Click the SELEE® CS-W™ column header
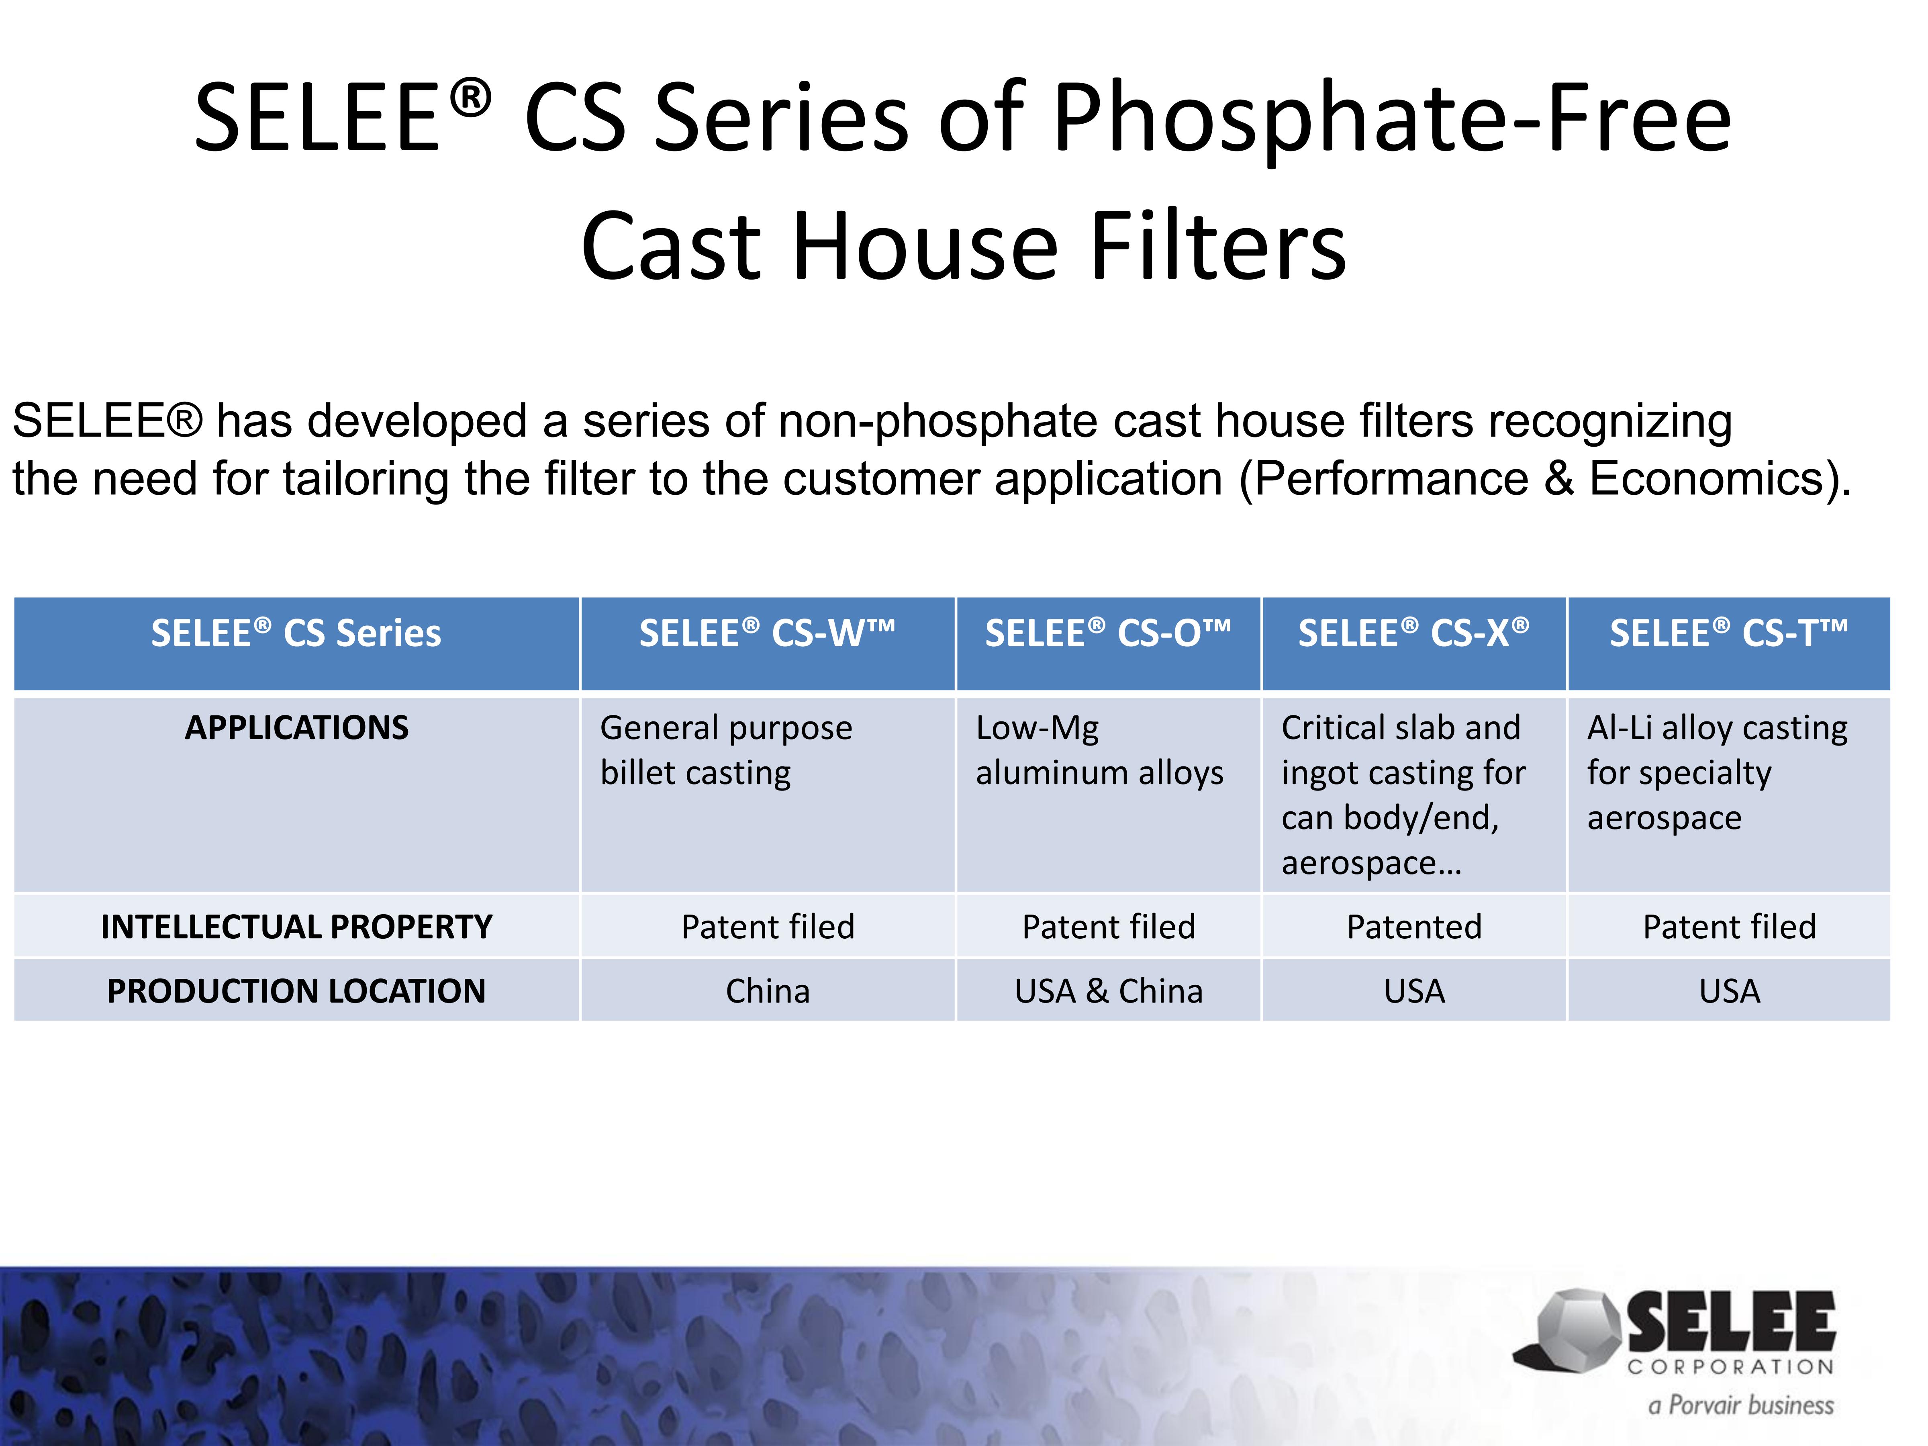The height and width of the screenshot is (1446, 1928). click(767, 634)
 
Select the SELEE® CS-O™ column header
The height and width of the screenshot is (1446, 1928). click(1108, 634)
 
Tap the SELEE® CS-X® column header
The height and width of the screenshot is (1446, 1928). click(1414, 634)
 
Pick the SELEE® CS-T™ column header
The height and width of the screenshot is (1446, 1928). click(1728, 634)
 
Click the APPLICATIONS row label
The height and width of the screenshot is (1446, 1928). click(296, 728)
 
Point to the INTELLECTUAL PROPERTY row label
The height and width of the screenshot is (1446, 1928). click(296, 927)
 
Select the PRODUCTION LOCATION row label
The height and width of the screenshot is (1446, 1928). click(296, 991)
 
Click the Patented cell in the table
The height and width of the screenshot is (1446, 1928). click(1414, 927)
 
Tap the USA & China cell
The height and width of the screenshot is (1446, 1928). click(1108, 991)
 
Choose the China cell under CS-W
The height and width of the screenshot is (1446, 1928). click(767, 991)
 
